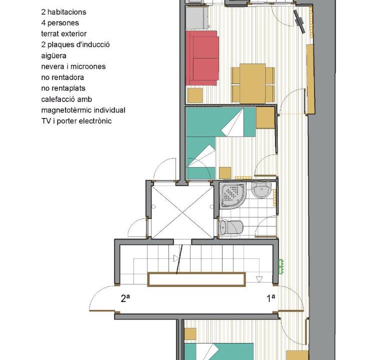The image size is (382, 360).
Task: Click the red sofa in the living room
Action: tap(202, 58)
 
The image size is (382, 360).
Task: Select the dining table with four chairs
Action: tap(252, 84)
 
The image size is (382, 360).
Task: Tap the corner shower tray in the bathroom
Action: tap(232, 195)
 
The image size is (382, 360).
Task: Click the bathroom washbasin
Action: tap(261, 189)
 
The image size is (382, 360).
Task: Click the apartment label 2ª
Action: tap(125, 298)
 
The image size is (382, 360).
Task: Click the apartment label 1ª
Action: tap(270, 298)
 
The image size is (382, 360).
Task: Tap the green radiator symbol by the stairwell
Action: tap(281, 266)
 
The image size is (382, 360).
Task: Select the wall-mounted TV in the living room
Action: tap(299, 21)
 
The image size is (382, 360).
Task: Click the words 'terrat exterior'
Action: tap(64, 33)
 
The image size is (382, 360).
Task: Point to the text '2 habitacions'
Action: tap(63, 12)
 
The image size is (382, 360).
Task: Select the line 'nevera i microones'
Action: tap(73, 66)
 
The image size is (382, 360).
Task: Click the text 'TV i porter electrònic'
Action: tap(76, 121)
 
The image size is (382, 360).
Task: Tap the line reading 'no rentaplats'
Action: tap(63, 88)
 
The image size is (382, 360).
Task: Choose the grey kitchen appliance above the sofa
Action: tap(197, 17)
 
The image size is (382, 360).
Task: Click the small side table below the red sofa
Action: tap(195, 95)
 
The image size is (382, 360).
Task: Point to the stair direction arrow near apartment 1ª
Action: tap(259, 279)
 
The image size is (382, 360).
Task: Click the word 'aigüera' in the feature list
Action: tap(53, 55)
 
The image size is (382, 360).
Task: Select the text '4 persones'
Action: tap(60, 23)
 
